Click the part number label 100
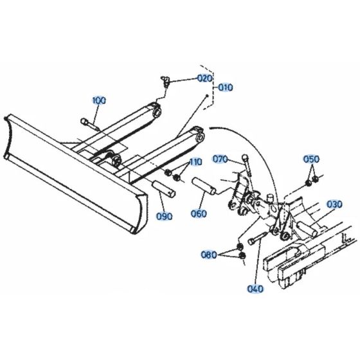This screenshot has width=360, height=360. [x=99, y=100]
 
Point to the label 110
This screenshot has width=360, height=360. [x=195, y=161]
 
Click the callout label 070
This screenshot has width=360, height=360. [x=220, y=159]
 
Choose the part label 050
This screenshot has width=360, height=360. [x=311, y=159]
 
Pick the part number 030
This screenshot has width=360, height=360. [x=334, y=204]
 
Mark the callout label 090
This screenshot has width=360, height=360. [x=165, y=217]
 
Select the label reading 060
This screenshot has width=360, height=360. [x=199, y=214]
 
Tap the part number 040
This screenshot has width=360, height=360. [x=255, y=289]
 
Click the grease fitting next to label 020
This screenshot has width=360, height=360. [x=165, y=80]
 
